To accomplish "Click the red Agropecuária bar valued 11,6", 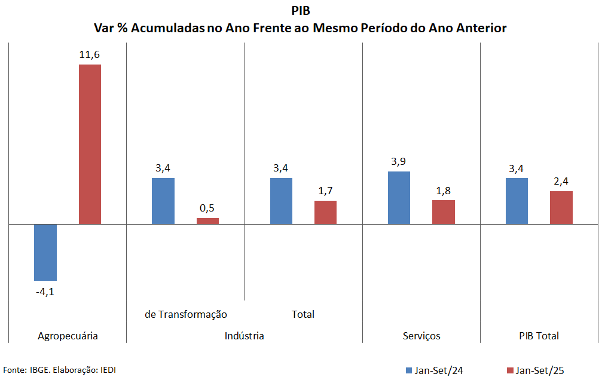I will point(90,144).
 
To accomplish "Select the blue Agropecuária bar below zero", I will point(45,252).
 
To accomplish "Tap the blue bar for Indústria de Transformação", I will point(163,201).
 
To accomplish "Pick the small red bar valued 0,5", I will point(207,221).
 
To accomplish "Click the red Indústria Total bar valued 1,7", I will point(326,212).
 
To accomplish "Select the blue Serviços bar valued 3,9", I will point(399,198).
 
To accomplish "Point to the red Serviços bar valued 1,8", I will point(444,212).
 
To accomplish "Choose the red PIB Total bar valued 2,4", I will point(561,207).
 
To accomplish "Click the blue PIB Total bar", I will point(517,201).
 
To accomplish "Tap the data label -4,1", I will point(45,292).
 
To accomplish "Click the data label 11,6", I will point(90,55).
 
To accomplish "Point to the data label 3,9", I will point(399,162).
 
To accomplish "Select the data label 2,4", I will point(561,182).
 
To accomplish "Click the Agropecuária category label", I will point(68,336).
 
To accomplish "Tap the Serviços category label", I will point(421,336).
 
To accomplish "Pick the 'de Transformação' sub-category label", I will point(186,314).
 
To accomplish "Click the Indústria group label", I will point(245,336).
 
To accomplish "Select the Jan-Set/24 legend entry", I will point(434,370).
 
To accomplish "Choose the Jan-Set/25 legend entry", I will point(535,370).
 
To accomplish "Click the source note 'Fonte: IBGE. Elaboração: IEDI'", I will point(60,370).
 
